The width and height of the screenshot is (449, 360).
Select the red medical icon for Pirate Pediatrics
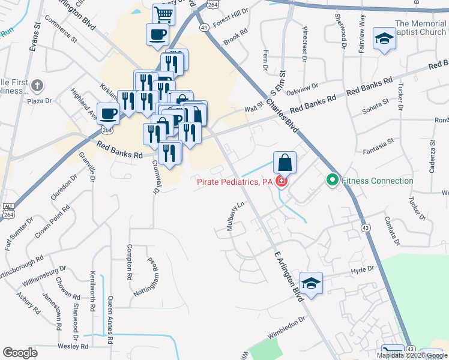281,181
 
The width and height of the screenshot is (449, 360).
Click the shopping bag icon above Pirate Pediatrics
285,163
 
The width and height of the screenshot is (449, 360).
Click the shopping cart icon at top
163,14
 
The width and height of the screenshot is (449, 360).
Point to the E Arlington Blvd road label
287,275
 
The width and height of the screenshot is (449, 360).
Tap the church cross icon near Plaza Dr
37,85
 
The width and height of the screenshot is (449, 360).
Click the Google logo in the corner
20,353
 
